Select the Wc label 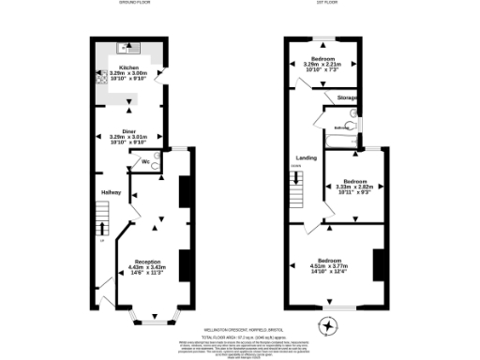(146, 162)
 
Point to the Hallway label (112, 193)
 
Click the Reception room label (147, 261)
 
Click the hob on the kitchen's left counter (100, 76)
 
